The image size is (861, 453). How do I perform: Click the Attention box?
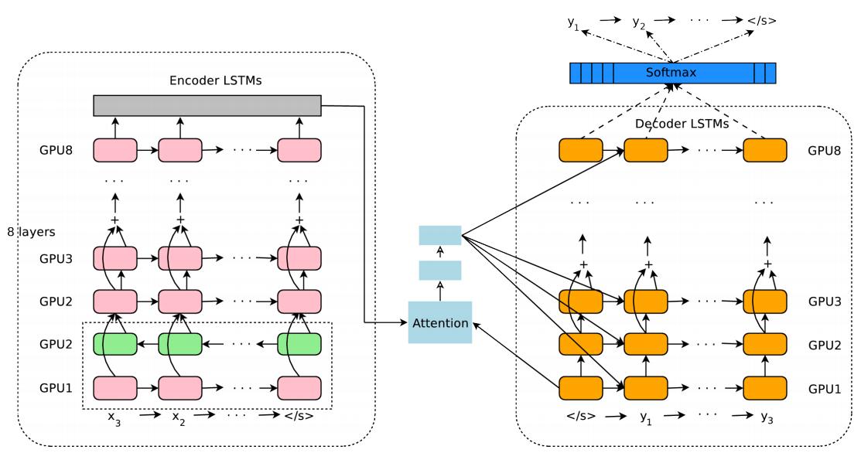coord(439,322)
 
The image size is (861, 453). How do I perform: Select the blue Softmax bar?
coord(671,73)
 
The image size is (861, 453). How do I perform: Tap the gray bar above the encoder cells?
coord(207,105)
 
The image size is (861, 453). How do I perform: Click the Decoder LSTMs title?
coord(682,124)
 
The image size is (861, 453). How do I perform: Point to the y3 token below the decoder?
coord(766,417)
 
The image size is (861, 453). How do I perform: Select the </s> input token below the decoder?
coord(580,416)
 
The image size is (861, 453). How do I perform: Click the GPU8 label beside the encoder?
coord(56,151)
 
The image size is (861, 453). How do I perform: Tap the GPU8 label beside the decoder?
coord(824,151)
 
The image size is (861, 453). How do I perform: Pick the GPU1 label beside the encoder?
coord(56,387)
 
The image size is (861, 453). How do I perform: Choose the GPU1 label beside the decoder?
coord(824,387)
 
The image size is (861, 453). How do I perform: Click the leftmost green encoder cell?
coord(115,343)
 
